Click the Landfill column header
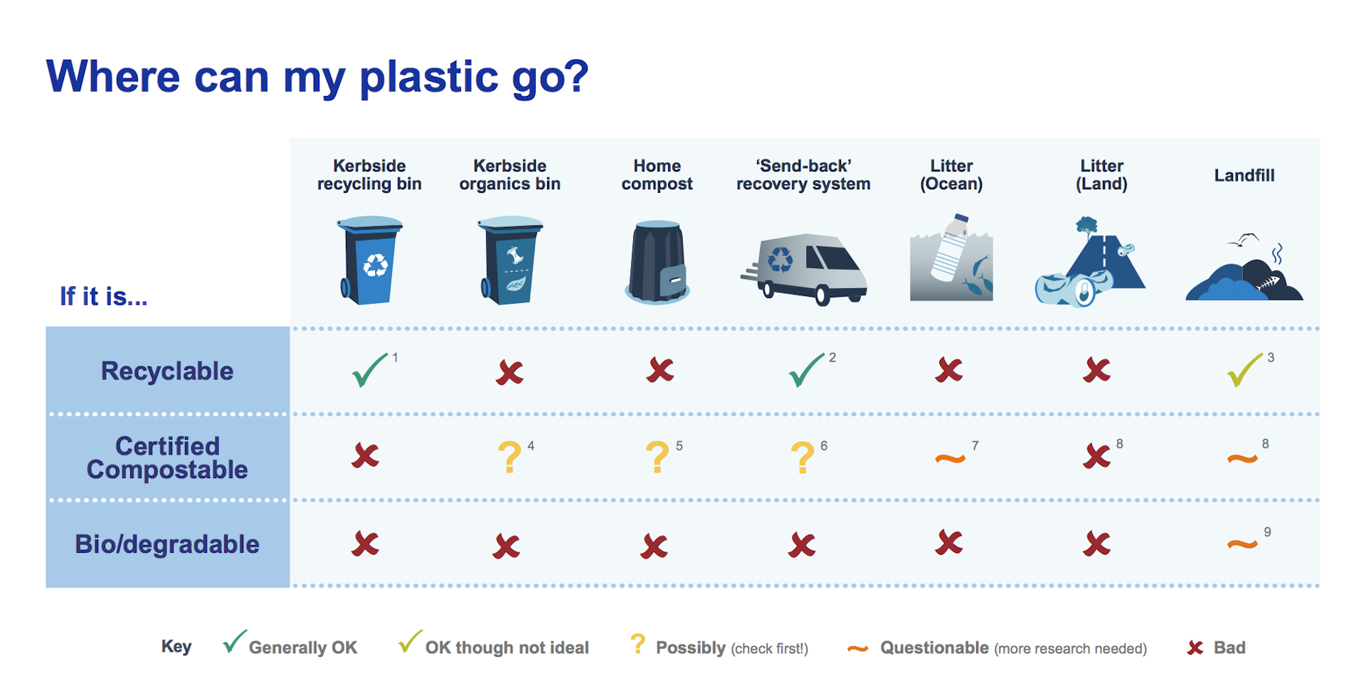(x=1244, y=175)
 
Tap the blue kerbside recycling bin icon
(x=370, y=260)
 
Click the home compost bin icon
(x=657, y=262)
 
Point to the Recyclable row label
(x=167, y=371)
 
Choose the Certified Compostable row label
(x=167, y=457)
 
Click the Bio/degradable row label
(x=167, y=544)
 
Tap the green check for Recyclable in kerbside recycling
(x=369, y=370)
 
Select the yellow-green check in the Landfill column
(x=1244, y=370)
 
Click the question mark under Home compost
(x=657, y=457)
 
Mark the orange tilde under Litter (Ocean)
(x=950, y=459)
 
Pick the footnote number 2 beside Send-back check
(x=832, y=357)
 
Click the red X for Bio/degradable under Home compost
(x=654, y=546)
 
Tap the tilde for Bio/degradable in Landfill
(x=1242, y=545)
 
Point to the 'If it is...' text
(x=104, y=296)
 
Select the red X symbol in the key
(x=1195, y=647)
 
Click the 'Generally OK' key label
(x=303, y=647)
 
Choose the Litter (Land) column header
(x=1101, y=175)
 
